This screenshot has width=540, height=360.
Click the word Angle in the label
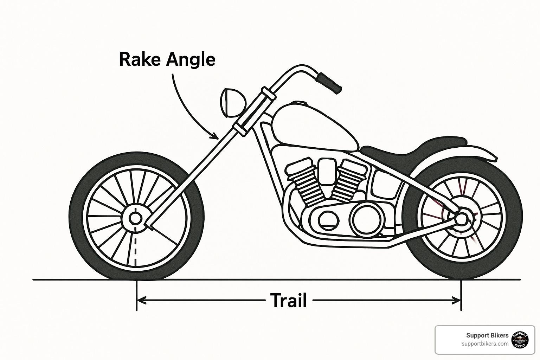(x=191, y=60)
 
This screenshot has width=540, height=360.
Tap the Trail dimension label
(x=289, y=301)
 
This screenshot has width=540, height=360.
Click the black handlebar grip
(x=329, y=83)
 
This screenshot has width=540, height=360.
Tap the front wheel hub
(x=135, y=218)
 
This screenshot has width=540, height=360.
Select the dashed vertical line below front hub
(x=135, y=246)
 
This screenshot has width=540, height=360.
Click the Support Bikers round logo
(x=521, y=340)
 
